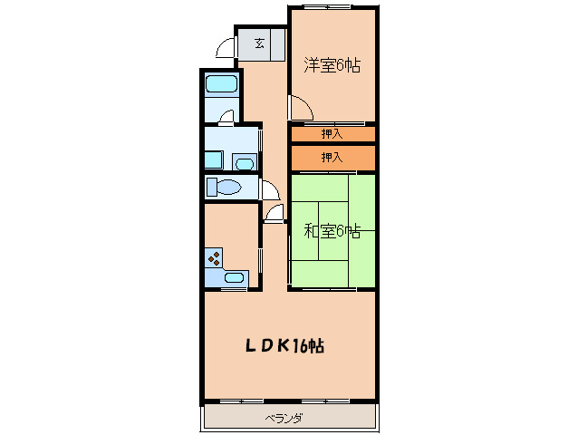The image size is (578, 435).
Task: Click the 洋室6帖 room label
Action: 332,65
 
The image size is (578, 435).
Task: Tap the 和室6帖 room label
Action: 332,231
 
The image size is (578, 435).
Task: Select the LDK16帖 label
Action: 284,346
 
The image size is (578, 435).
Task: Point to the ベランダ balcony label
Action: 284,419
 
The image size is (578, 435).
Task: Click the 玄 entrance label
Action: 259,43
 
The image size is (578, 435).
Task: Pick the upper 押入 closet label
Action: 332,134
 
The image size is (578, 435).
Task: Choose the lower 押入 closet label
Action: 332,158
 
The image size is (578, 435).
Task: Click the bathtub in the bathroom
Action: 221,83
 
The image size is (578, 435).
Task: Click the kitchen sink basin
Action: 234,276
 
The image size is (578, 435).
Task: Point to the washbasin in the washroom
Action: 245,163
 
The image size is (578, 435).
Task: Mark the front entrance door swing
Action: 225,47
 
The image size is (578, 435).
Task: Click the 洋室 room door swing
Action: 301,107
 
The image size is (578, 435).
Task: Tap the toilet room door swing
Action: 270,189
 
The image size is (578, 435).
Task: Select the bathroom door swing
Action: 226,116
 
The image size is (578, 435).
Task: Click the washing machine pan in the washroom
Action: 214,160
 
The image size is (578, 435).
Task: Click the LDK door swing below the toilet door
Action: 274,214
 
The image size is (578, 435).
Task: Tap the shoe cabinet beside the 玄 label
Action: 278,45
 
